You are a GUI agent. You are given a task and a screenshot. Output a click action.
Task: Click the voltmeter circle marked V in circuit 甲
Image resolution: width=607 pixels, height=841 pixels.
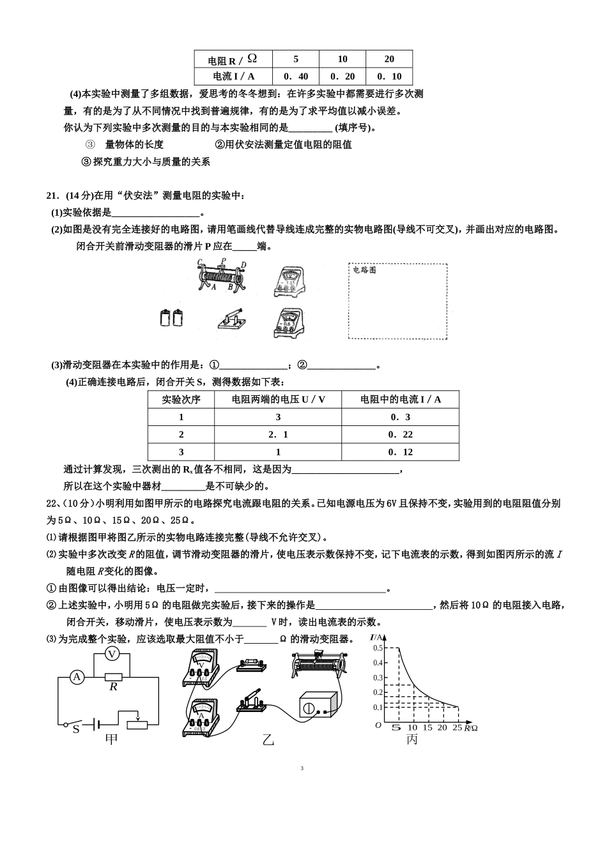point(112,654)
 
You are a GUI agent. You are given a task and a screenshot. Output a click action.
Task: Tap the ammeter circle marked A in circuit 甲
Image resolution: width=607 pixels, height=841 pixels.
point(77,677)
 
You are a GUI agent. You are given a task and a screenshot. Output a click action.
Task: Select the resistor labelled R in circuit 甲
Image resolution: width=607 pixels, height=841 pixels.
point(113,677)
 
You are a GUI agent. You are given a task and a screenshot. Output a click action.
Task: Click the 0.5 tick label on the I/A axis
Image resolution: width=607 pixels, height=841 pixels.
point(378,648)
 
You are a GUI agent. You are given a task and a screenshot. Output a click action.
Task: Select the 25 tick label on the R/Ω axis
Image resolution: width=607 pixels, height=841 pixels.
point(456,728)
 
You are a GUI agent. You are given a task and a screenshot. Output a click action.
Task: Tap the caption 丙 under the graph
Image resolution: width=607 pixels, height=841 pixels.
point(412,740)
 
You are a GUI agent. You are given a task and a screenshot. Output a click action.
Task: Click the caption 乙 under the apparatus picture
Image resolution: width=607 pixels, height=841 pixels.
point(268,740)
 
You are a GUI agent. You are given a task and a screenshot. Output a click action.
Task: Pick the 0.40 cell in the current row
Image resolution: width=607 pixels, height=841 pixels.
point(296,76)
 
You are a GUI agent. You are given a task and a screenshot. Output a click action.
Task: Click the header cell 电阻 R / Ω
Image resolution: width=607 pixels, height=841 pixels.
point(233,59)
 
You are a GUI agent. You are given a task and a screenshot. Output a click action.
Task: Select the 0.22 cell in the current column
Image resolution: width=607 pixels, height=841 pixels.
point(401,434)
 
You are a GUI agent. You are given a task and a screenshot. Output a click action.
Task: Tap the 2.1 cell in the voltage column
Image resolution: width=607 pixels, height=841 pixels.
point(278,434)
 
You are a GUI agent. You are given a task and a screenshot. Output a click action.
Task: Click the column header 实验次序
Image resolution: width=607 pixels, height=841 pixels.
point(181,399)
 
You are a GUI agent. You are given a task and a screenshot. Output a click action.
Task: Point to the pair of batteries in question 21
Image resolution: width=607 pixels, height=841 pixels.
point(172,318)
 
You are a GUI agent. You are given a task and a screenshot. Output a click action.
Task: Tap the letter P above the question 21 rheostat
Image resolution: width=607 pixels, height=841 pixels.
point(222,261)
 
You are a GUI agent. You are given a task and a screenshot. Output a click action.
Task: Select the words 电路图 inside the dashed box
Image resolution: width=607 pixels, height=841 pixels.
point(365,270)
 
